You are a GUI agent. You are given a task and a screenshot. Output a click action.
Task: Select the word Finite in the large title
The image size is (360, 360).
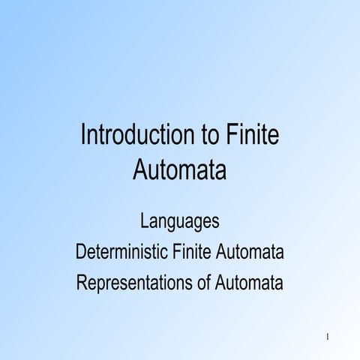pos(252,137)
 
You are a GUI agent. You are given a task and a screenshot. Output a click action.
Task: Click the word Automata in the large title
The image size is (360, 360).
pos(180,169)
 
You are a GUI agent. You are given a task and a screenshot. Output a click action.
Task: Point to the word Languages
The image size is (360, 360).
pos(180,223)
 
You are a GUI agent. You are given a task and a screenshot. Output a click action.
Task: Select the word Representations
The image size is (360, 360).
pos(135,283)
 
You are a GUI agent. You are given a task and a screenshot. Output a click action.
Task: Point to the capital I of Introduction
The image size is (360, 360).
pos(83,137)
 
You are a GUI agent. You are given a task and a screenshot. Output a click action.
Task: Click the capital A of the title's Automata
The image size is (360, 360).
pos(140,169)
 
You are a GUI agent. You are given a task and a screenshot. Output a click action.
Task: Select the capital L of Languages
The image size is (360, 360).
pos(144,222)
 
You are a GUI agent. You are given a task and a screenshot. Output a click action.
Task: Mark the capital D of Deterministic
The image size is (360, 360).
pos(80,253)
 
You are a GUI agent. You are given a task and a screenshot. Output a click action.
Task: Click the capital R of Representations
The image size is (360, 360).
pos(81,283)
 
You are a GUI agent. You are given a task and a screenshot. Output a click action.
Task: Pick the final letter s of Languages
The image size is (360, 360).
pos(215,223)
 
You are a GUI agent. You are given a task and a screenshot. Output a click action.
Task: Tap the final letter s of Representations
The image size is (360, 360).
pos(192,284)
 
